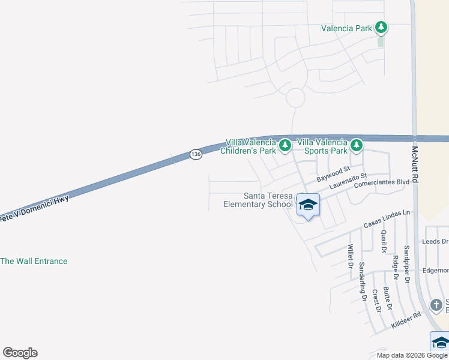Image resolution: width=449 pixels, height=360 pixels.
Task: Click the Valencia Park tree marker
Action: (x=381, y=27)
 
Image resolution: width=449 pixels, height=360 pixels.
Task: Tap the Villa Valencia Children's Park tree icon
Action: (x=285, y=145)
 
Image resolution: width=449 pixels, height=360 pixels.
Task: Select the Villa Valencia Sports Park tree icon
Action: (x=357, y=145)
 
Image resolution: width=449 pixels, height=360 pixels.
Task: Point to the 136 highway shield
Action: (x=195, y=154)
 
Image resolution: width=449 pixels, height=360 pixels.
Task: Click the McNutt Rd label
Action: (x=415, y=167)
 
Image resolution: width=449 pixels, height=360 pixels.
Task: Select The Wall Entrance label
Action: (x=34, y=261)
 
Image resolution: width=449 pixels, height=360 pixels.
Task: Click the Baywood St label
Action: (x=333, y=175)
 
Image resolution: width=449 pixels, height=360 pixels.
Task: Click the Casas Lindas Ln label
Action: (x=387, y=219)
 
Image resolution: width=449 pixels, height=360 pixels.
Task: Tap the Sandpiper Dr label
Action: (x=406, y=264)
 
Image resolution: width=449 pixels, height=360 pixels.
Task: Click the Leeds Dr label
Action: (x=435, y=241)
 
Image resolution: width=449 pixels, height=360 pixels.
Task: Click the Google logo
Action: (x=20, y=353)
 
